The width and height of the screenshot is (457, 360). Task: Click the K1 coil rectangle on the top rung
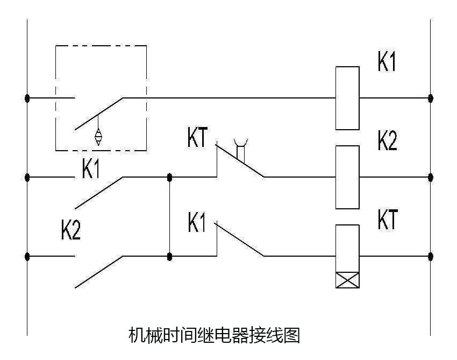tap(347, 98)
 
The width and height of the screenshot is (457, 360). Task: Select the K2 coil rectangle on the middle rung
tap(347, 177)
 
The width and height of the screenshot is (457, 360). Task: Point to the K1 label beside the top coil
tap(387, 62)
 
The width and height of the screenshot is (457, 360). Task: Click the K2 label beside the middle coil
tap(387, 142)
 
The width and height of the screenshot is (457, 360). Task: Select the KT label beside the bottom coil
tap(387, 221)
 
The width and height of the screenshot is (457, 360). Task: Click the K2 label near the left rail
tap(70, 231)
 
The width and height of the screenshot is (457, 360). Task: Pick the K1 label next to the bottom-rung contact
tap(197, 223)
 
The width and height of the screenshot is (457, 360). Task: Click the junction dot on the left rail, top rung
tap(27, 98)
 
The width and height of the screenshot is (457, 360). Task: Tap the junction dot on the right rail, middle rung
tap(431, 177)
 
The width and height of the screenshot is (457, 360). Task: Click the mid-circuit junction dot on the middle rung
tap(169, 177)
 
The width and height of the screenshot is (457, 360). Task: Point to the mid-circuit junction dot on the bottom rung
tap(169, 257)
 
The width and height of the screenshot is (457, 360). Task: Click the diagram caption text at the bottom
tap(214, 336)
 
